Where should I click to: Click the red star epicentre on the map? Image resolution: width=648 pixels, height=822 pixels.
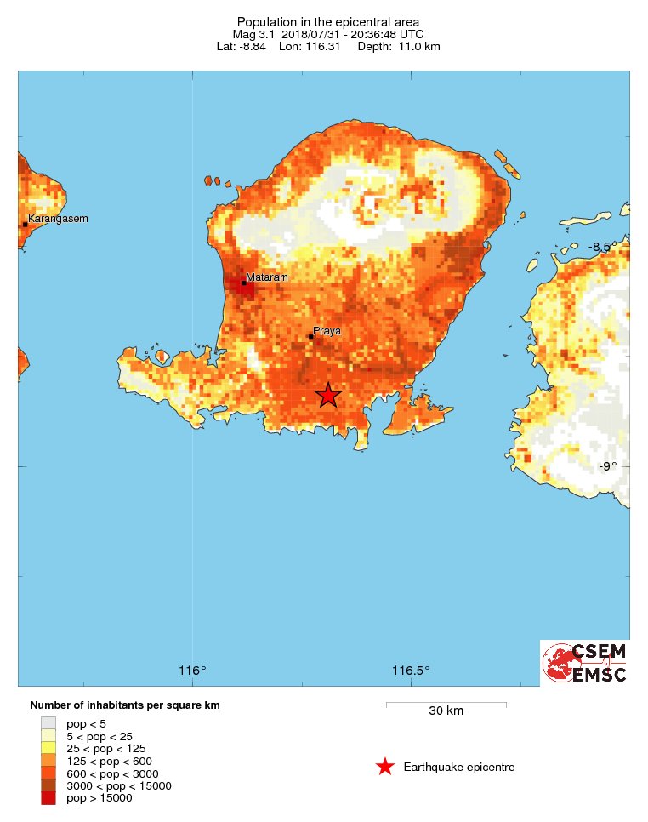click(x=328, y=395)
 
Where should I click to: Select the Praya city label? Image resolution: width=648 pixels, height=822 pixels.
click(x=327, y=330)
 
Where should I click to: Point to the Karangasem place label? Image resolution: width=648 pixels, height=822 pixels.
click(x=58, y=219)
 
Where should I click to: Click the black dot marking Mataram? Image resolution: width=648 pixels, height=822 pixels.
click(x=243, y=283)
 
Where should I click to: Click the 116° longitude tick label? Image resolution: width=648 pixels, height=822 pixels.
click(x=193, y=671)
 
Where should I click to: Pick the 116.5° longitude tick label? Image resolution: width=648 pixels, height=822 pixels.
click(x=411, y=671)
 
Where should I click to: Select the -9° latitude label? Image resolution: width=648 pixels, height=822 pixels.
click(x=606, y=465)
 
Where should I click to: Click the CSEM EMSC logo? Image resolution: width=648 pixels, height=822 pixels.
click(x=585, y=663)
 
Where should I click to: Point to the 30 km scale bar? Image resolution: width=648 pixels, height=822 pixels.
click(x=446, y=704)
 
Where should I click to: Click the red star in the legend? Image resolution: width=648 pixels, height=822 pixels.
click(x=385, y=767)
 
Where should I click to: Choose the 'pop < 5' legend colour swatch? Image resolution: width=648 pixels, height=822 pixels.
click(x=48, y=723)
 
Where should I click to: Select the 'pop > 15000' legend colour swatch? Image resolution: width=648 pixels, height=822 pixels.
click(x=48, y=798)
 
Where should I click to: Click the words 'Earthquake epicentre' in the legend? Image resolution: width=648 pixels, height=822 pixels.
click(x=459, y=768)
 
